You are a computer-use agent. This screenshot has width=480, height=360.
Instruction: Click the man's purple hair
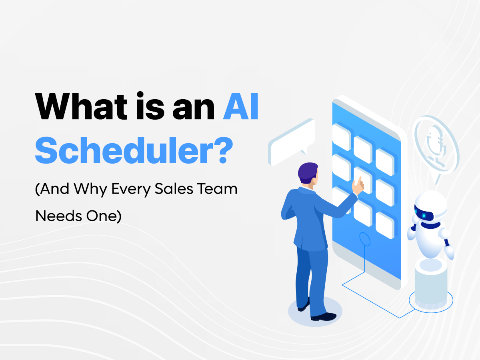click(308, 171)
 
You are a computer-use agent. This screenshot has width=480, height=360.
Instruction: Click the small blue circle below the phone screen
click(365, 239)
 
